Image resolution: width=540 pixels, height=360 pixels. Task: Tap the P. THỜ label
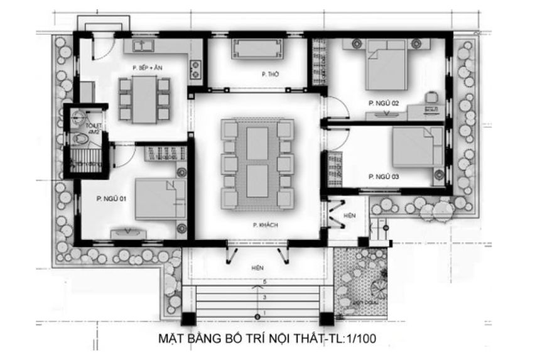coord(271,74)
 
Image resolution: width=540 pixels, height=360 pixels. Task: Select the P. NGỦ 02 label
coord(384,102)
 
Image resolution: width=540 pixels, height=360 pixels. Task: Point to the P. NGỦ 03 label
coord(384,176)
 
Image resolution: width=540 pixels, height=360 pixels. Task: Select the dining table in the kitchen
coord(144,98)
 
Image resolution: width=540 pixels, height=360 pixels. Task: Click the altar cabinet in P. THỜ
coord(257,48)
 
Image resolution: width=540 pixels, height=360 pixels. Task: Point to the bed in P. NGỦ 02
coord(388,65)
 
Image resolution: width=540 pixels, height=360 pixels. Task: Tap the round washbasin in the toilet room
coord(78,116)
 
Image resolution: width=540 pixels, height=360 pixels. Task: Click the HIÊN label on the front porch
coord(257,267)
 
